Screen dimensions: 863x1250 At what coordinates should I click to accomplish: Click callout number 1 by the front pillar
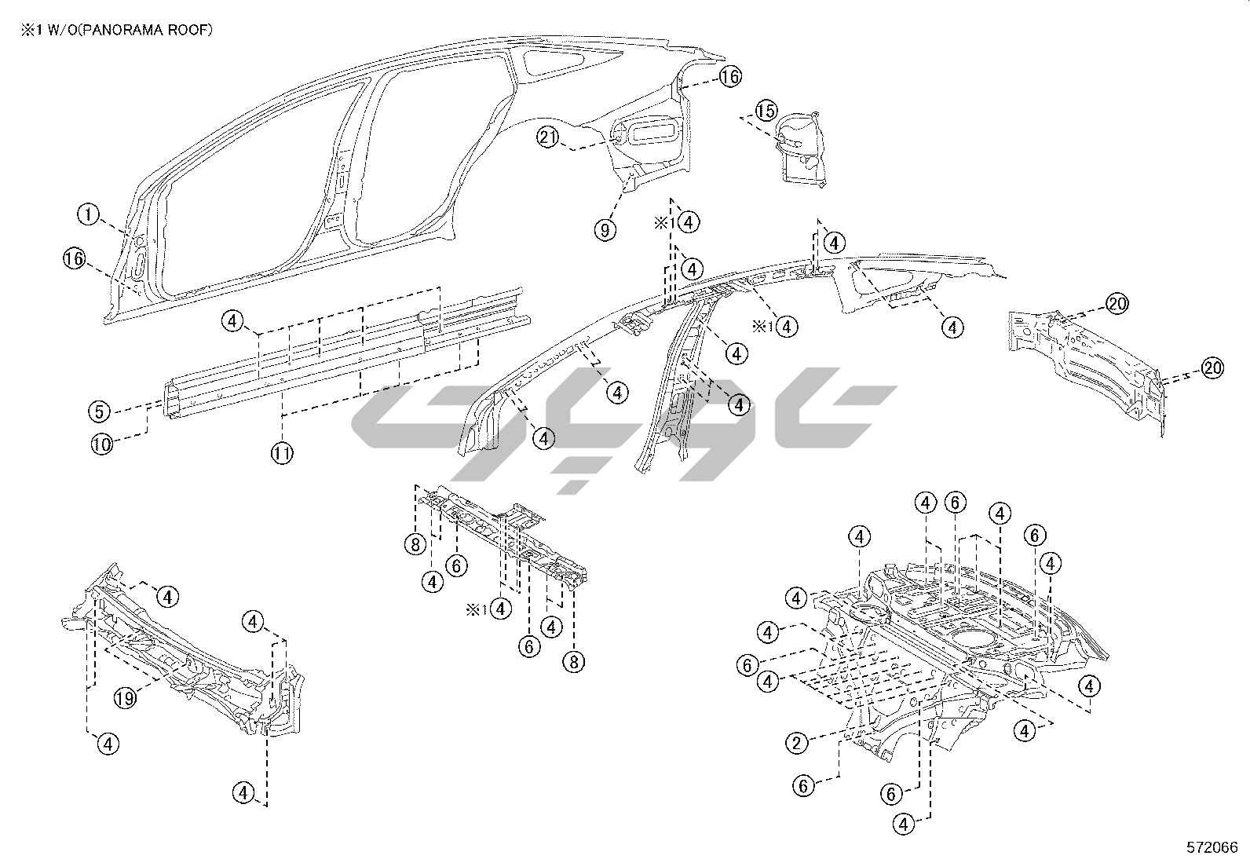[x=90, y=214]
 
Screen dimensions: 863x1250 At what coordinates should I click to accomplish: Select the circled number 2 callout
[x=798, y=742]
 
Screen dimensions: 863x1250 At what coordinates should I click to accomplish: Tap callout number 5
[x=100, y=411]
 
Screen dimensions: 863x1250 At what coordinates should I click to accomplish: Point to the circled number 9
[x=605, y=229]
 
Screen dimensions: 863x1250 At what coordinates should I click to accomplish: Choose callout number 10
[x=102, y=444]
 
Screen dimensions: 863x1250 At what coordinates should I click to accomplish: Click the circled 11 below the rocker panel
[x=283, y=452]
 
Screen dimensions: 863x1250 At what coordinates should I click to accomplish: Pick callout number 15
[x=766, y=111]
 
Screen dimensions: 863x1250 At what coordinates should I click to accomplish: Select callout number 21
[x=548, y=137]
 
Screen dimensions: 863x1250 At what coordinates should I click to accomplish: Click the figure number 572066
[x=1212, y=847]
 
